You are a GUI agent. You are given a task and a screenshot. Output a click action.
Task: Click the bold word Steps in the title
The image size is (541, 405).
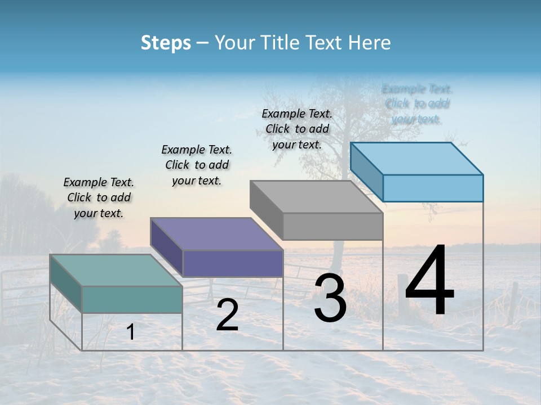(166, 43)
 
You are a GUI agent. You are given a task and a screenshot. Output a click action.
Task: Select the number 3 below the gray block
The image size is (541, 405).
(330, 298)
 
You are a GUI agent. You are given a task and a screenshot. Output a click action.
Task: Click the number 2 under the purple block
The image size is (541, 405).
(227, 315)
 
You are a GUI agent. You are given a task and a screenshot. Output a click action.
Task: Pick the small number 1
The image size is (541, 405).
(131, 332)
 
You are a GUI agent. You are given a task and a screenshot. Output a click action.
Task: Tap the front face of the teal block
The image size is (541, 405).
(132, 299)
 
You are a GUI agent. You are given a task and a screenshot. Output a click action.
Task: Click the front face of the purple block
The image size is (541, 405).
(233, 263)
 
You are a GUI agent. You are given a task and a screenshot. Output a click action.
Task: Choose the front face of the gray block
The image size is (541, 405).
(332, 226)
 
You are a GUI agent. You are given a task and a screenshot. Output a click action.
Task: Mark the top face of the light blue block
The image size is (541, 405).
(416, 158)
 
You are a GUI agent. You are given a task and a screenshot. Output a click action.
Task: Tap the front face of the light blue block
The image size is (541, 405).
(433, 188)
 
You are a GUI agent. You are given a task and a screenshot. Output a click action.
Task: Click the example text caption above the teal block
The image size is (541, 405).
(99, 197)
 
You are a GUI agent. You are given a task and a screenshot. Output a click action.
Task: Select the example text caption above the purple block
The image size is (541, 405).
(197, 165)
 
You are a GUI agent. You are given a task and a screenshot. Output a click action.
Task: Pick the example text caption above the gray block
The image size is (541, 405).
(297, 129)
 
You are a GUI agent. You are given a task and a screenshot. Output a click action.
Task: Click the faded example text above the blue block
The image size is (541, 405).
(417, 103)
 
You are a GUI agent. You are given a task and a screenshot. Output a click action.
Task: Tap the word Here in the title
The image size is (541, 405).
(370, 43)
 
